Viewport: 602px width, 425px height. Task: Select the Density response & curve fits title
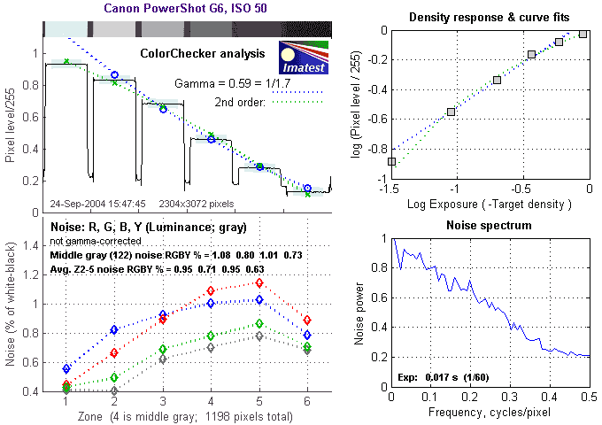(490, 18)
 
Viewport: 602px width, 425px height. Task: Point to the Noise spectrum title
(490, 226)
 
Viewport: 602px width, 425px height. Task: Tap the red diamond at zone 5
(259, 282)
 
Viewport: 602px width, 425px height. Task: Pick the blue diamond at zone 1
(66, 368)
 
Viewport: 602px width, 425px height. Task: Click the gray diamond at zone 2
(114, 390)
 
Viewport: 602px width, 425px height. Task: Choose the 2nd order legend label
(241, 103)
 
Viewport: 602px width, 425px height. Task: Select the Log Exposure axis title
(490, 204)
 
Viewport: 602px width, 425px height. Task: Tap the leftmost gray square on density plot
(392, 161)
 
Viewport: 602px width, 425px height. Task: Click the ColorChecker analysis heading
(203, 54)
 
